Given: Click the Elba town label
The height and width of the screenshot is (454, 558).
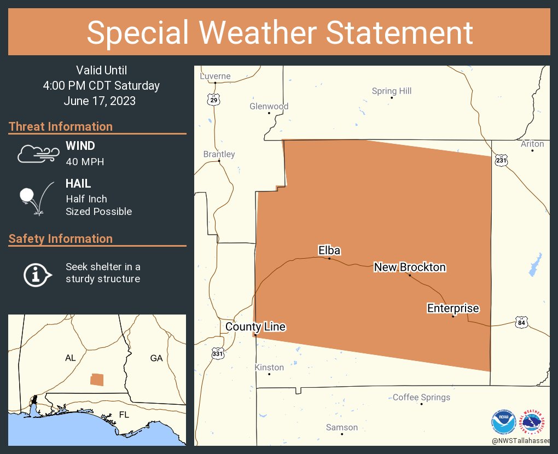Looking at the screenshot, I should click(x=329, y=251).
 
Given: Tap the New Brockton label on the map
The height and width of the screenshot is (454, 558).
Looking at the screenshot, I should click(x=410, y=267).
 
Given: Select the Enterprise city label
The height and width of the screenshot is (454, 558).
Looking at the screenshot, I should click(x=453, y=309).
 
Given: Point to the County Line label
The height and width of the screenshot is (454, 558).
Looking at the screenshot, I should click(x=255, y=327).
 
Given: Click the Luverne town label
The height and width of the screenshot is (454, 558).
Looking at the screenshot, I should click(x=215, y=76).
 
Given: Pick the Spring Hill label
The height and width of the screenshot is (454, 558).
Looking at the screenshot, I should click(x=392, y=91).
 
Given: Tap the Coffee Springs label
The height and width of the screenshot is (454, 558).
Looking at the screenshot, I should click(x=421, y=397).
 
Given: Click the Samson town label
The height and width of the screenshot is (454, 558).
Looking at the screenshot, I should click(x=342, y=427).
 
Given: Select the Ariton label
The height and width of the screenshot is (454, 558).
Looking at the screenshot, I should click(x=532, y=144).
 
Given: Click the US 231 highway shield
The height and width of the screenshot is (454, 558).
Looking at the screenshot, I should click(x=501, y=160).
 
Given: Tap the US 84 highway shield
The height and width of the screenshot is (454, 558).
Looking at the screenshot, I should click(x=522, y=322).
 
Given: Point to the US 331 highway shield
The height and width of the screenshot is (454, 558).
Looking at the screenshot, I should click(x=218, y=354).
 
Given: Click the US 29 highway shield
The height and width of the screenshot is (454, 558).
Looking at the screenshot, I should click(x=213, y=99).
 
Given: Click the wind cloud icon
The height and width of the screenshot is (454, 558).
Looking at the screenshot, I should click(x=37, y=154).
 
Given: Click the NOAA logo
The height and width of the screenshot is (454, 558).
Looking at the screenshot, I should click(x=503, y=422).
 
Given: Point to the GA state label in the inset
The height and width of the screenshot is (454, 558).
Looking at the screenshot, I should click(x=156, y=358).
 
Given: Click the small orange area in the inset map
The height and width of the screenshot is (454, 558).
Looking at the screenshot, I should click(x=96, y=380).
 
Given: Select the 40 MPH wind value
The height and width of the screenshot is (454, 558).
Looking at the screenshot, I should click(x=85, y=162).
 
